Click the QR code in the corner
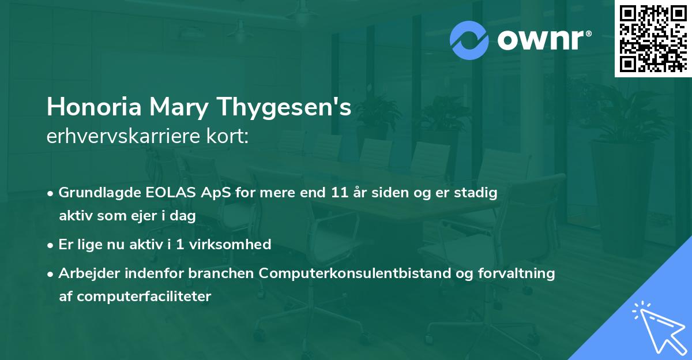point(653,38)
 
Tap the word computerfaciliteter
point(135,297)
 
